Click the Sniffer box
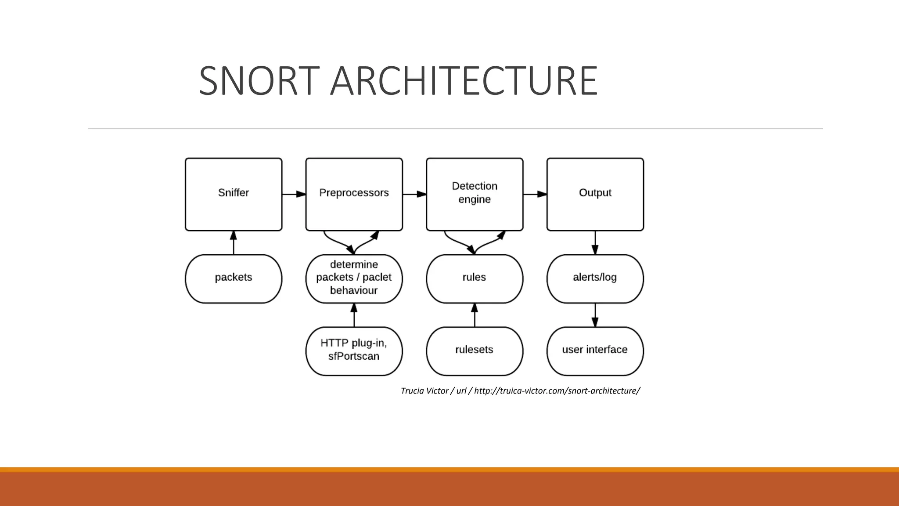click(234, 194)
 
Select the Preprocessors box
click(354, 194)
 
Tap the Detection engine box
click(475, 194)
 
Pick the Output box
click(595, 194)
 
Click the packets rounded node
click(234, 278)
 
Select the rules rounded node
click(475, 278)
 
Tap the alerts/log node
click(595, 278)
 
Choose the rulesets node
click(475, 351)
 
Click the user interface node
click(595, 351)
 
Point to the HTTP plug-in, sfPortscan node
click(354, 351)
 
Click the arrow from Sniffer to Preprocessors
click(294, 194)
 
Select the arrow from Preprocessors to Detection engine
click(414, 194)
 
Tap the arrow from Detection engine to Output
click(535, 194)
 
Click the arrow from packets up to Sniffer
click(234, 242)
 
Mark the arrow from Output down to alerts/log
click(595, 242)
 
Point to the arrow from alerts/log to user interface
click(595, 315)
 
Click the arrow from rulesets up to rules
click(475, 315)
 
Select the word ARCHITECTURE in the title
click(464, 81)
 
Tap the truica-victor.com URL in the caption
click(557, 391)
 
